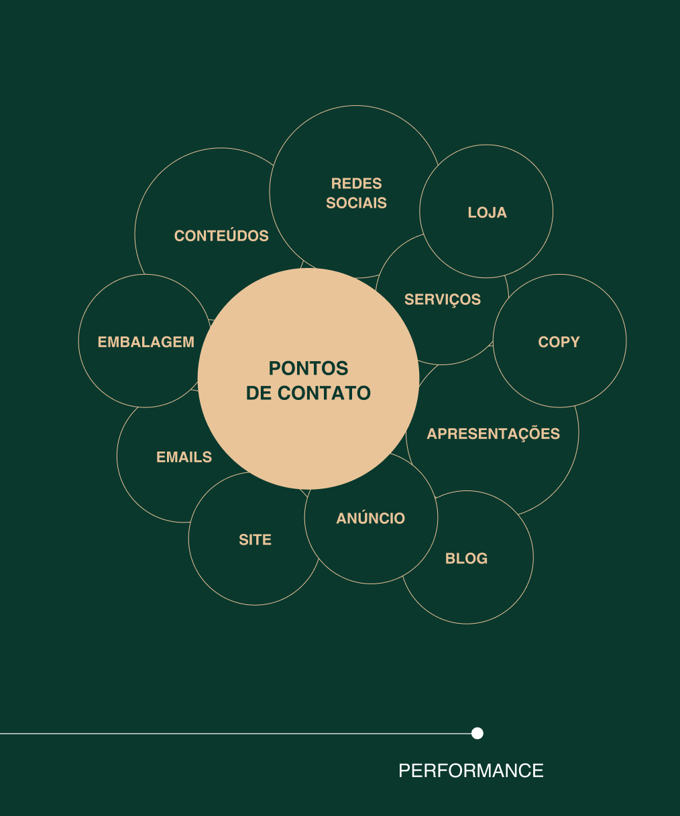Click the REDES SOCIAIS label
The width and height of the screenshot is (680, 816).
point(356,193)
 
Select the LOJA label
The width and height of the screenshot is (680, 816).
point(487,213)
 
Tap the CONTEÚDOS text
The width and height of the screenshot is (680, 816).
point(221,236)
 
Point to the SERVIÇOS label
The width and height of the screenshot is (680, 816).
point(442,299)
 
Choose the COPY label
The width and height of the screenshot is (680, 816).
point(559,342)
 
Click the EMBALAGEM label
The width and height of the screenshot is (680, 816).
point(146,342)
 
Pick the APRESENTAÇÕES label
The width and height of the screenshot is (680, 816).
point(493,433)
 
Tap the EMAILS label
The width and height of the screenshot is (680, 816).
point(184,458)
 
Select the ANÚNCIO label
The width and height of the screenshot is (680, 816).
point(370,519)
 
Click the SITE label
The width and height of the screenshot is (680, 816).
point(255,540)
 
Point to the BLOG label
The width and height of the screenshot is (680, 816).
point(466,559)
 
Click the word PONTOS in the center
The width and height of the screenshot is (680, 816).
point(308,368)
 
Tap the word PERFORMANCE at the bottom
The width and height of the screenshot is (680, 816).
point(471,771)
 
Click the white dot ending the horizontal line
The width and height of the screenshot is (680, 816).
point(477,733)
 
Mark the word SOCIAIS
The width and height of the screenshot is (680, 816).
point(356,203)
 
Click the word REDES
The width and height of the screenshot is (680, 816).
point(356,184)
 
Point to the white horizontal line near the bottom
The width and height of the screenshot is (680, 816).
point(235,734)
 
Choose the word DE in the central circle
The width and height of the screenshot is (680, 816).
point(259,393)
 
